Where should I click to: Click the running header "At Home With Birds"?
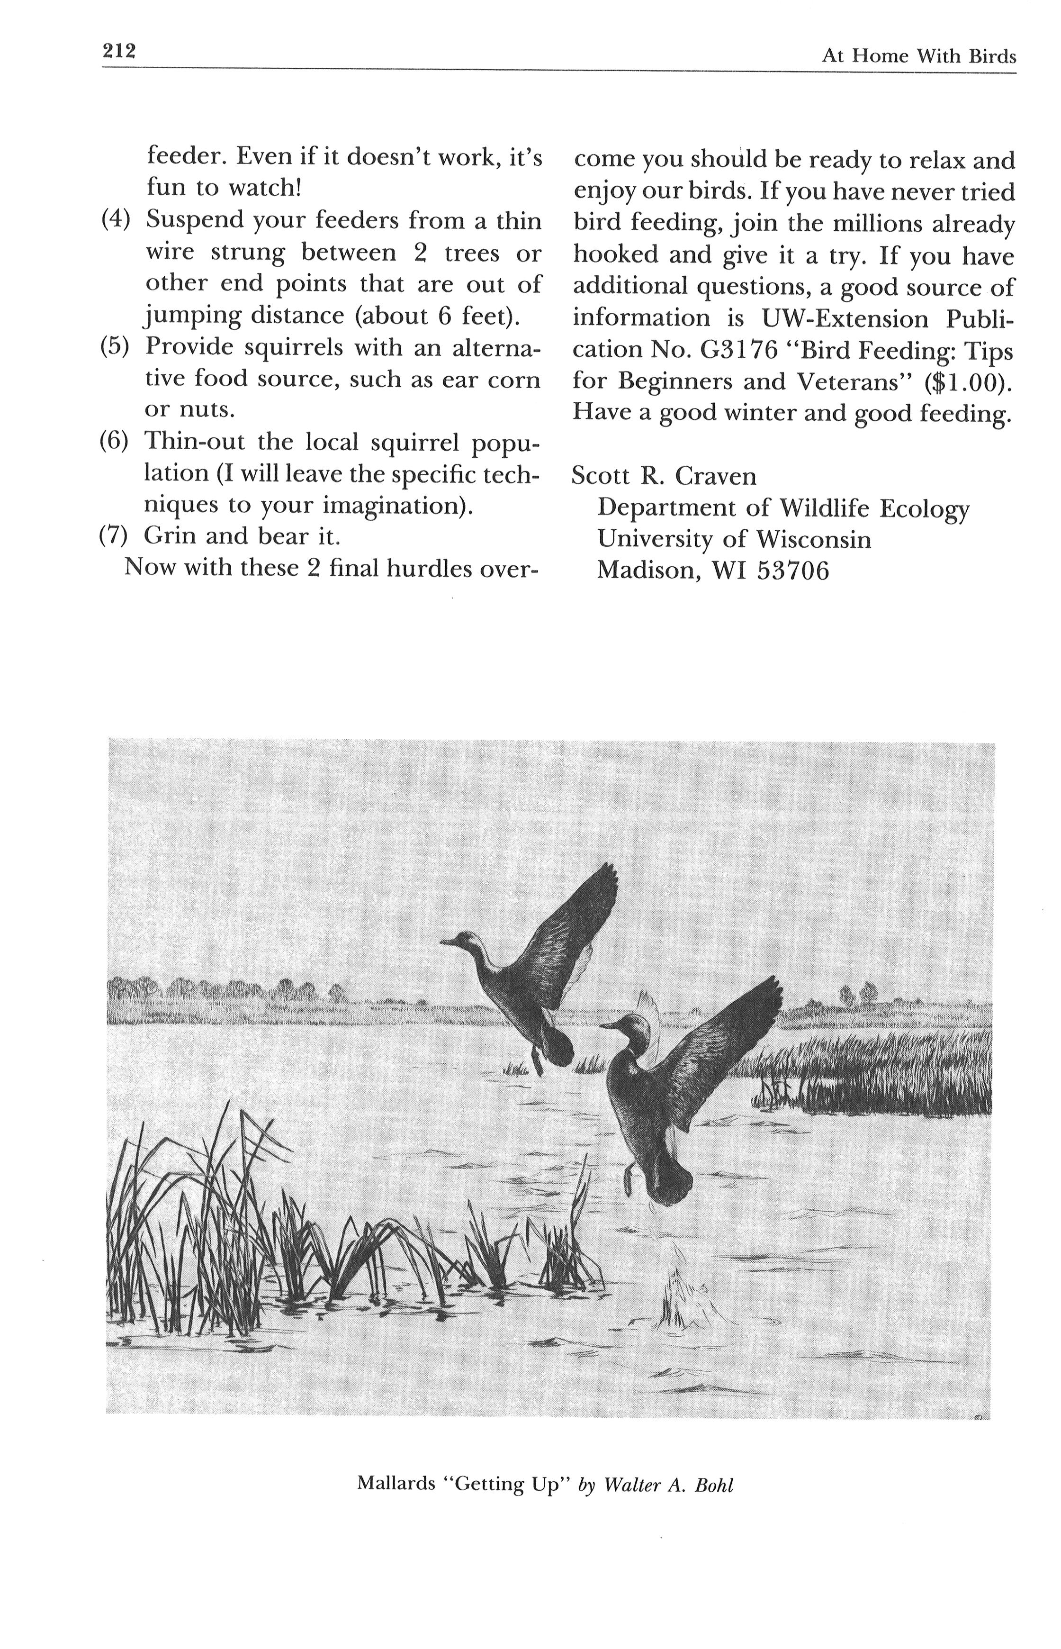click(x=918, y=56)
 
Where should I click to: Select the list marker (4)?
click(x=115, y=220)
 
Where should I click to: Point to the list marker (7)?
click(x=114, y=535)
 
